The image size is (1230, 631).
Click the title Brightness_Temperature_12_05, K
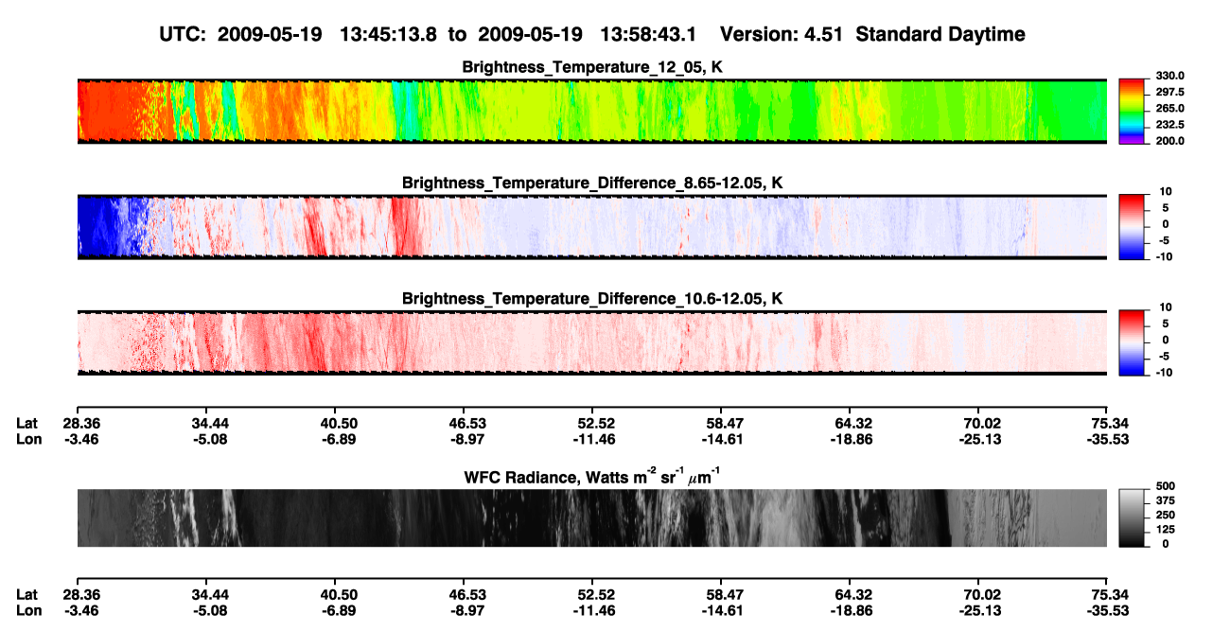[x=592, y=67]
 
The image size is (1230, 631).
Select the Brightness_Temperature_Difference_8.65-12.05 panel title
[x=592, y=183]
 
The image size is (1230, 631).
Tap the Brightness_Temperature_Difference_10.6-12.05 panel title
[x=592, y=299]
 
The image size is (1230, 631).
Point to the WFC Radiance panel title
[x=592, y=476]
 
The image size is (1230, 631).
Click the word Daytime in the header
[x=978, y=35]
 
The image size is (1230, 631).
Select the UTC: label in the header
[x=183, y=34]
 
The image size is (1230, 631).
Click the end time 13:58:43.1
[x=648, y=34]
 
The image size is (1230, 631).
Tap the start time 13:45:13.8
[x=388, y=34]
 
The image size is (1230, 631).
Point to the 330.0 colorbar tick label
[x=1170, y=76]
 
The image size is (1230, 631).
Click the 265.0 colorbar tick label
[x=1170, y=108]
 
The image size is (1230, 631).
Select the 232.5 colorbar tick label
[x=1170, y=125]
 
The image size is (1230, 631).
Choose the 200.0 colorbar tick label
[x=1170, y=141]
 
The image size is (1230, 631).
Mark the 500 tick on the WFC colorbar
[x=1166, y=486]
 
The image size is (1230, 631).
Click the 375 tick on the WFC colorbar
[x=1166, y=500]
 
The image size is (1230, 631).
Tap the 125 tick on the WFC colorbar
[x=1166, y=530]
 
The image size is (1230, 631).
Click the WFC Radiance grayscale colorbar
[x=1132, y=517]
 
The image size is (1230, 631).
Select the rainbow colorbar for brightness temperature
[x=1132, y=112]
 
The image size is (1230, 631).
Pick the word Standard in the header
[x=888, y=34]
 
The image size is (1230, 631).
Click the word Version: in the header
[x=758, y=34]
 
